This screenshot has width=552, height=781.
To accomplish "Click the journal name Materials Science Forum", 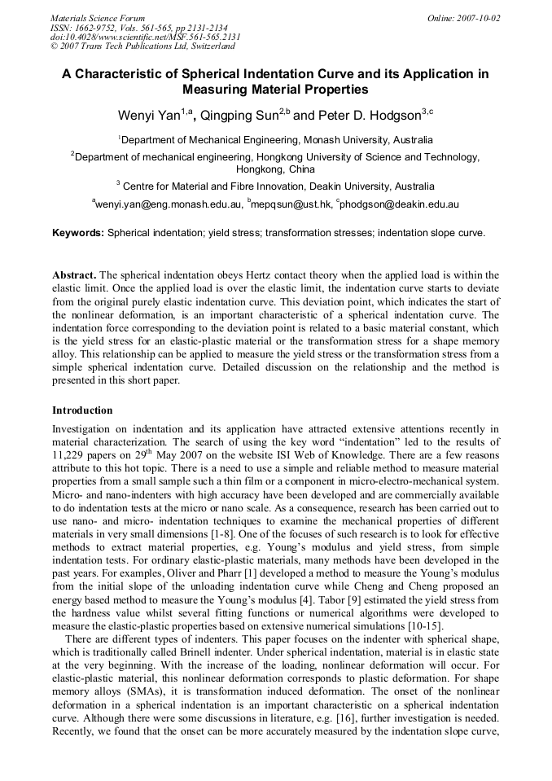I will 98,18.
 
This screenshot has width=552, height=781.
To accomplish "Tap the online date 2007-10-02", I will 480,18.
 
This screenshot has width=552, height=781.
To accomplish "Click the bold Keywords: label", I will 78,233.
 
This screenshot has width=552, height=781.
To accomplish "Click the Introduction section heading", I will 82,410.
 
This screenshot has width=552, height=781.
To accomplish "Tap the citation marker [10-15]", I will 424,626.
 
